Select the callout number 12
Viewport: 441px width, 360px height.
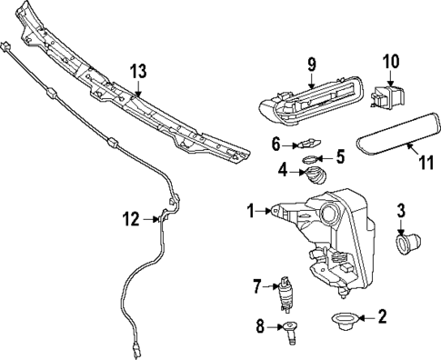pos(132,217)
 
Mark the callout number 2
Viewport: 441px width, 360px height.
pos(383,317)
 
